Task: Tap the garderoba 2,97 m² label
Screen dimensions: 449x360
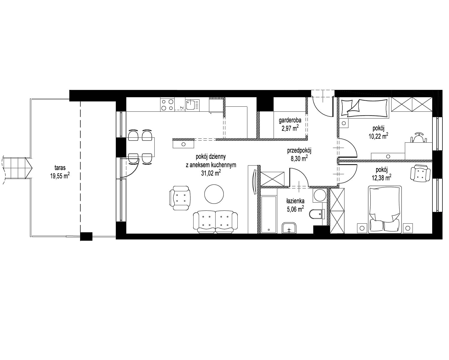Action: tap(290, 125)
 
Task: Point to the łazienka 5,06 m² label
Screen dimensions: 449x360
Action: tap(295, 205)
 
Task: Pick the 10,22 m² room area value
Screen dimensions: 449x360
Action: tap(378, 136)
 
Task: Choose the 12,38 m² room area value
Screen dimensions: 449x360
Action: tap(382, 177)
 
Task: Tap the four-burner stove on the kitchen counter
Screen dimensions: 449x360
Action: tap(167, 104)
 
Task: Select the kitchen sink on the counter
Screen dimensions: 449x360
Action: tap(192, 104)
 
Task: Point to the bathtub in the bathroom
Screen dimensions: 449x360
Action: tap(269, 214)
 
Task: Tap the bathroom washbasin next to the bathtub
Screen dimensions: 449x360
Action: tap(289, 228)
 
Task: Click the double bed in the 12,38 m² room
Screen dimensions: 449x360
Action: tap(385, 209)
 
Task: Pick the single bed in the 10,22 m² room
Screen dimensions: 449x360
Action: tap(364, 108)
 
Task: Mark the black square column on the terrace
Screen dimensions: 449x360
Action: tap(86, 236)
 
